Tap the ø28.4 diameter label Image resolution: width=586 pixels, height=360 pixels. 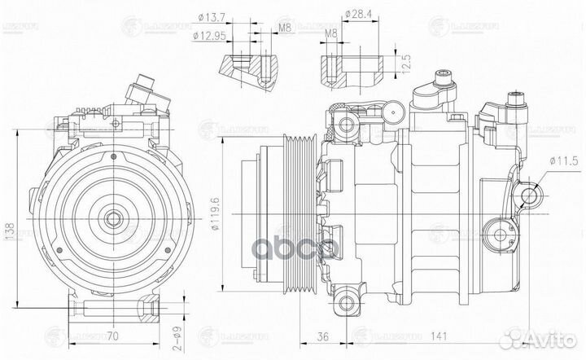358,14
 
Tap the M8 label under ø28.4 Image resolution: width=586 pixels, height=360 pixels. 331,34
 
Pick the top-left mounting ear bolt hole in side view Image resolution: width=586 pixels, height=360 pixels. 348,125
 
